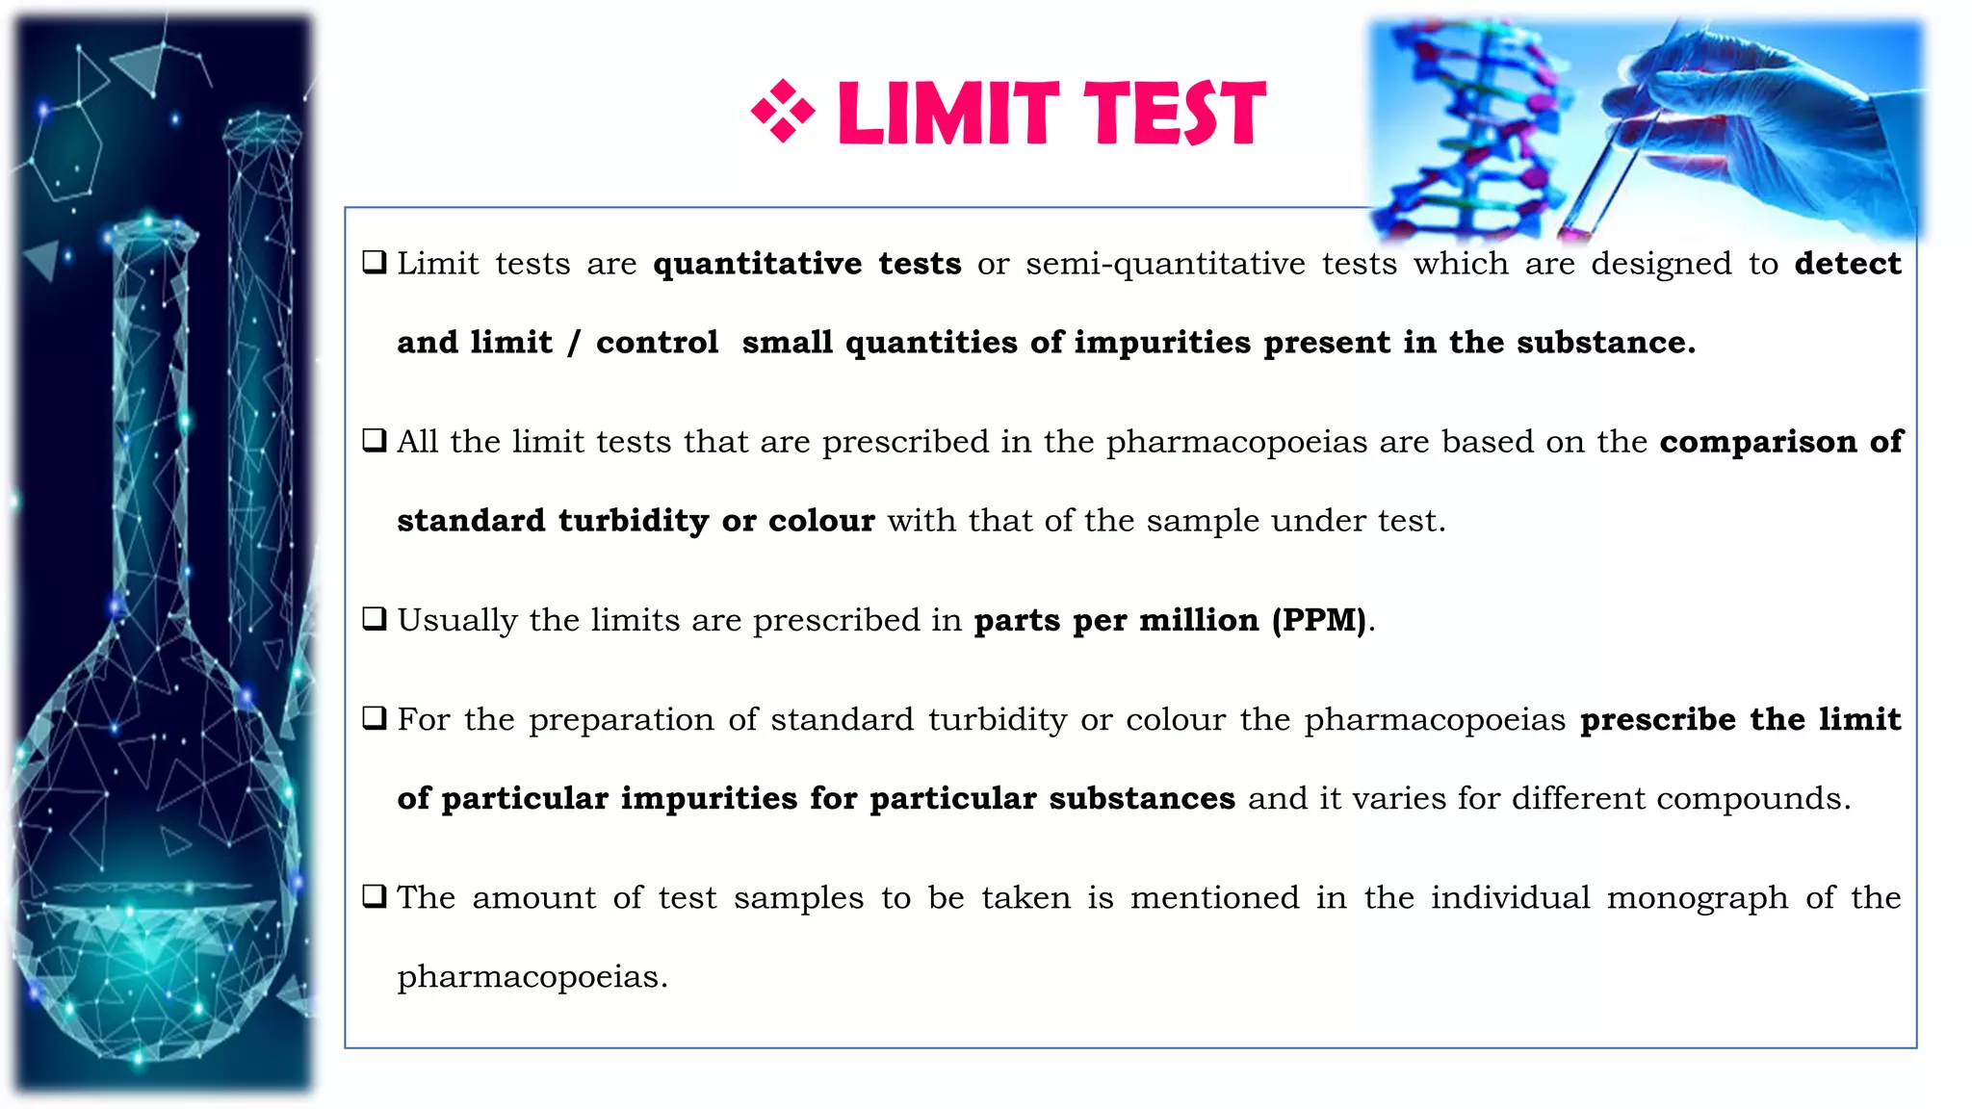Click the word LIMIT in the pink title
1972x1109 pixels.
tap(948, 114)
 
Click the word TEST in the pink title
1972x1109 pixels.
tap(1175, 114)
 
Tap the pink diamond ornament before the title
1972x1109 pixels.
tap(783, 112)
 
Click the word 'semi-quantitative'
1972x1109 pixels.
tap(1165, 264)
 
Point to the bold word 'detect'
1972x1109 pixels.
tap(1848, 264)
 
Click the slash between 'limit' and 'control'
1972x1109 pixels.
tap(574, 344)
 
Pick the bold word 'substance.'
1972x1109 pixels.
tap(1606, 343)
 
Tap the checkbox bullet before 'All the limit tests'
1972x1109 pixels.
tap(375, 441)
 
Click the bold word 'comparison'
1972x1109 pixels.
tap(1758, 442)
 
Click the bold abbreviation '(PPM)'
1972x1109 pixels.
tap(1319, 620)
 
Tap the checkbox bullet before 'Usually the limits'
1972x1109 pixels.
tap(375, 619)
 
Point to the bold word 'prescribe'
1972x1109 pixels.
tap(1657, 719)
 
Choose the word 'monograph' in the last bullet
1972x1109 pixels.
tap(1697, 898)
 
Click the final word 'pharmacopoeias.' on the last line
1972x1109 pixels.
tap(532, 977)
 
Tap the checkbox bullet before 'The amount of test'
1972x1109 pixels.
tap(375, 897)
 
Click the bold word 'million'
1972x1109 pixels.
tap(1199, 620)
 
